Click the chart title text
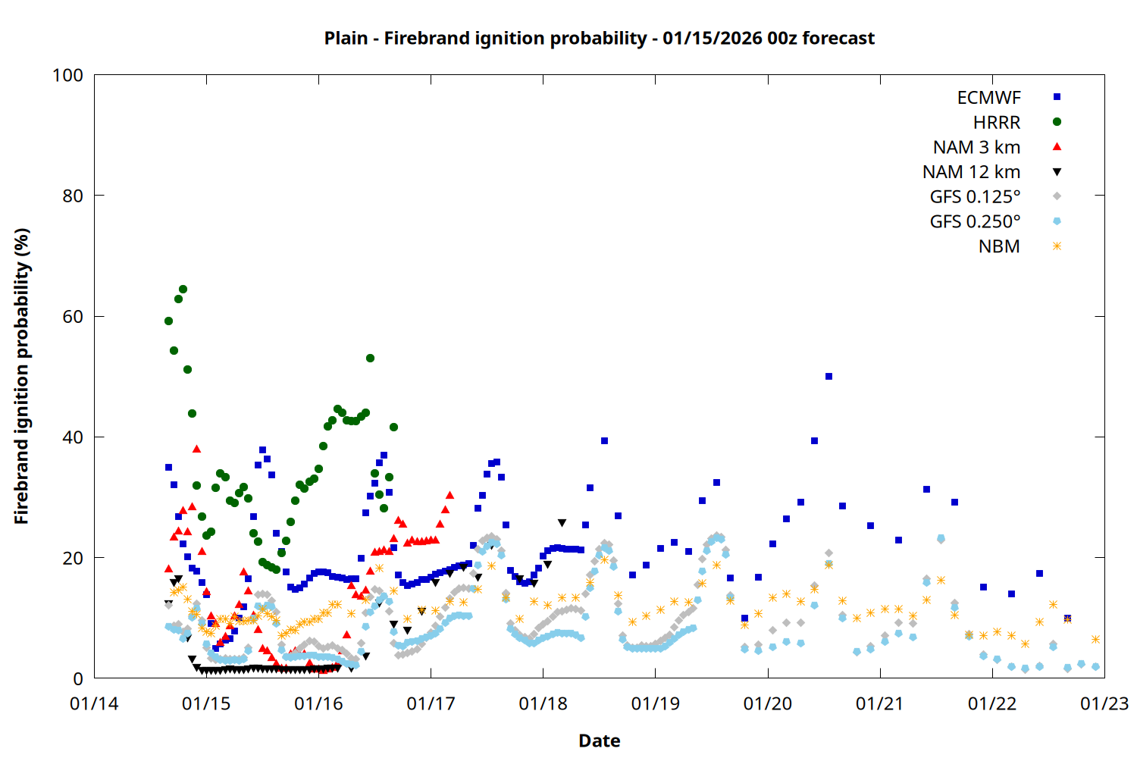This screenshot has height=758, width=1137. pyautogui.click(x=599, y=38)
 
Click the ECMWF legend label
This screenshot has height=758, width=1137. pyautogui.click(x=988, y=98)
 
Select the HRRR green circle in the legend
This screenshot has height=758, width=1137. pyautogui.click(x=1057, y=122)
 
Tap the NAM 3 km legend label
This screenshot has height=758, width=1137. pyautogui.click(x=976, y=147)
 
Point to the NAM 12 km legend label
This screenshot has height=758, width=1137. pyautogui.click(x=971, y=172)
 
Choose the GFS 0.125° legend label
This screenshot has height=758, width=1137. pyautogui.click(x=975, y=197)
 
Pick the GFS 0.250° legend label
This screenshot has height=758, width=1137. pyautogui.click(x=975, y=222)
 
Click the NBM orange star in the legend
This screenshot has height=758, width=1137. pyautogui.click(x=1057, y=246)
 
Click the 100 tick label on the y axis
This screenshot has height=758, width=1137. pyautogui.click(x=67, y=75)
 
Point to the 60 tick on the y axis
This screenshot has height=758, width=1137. pyautogui.click(x=73, y=317)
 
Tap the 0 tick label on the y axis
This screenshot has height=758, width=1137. pyautogui.click(x=78, y=679)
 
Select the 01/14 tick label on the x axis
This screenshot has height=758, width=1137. pyautogui.click(x=94, y=704)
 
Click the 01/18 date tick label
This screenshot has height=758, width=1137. pyautogui.click(x=543, y=704)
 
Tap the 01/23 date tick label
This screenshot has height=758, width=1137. pyautogui.click(x=1104, y=704)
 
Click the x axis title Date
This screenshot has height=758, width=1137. pyautogui.click(x=599, y=741)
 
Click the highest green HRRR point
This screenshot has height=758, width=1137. pyautogui.click(x=183, y=290)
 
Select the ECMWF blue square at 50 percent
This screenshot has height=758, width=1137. pyautogui.click(x=828, y=377)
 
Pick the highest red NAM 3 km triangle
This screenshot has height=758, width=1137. pyautogui.click(x=196, y=449)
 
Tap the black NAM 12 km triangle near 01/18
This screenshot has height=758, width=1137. pyautogui.click(x=562, y=523)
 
